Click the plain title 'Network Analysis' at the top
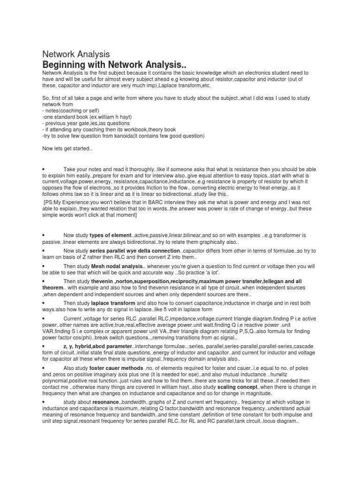76,54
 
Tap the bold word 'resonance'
105,402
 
